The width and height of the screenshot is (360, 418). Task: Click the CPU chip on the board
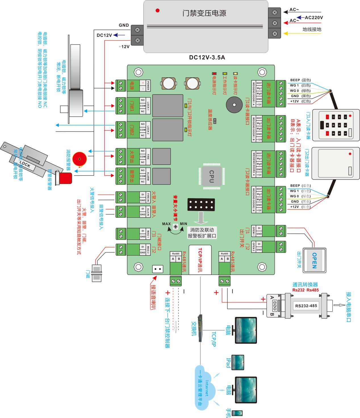click(212, 176)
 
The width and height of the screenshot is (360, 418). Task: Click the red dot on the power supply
click(158, 11)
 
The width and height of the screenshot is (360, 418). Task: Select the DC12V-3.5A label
click(207, 58)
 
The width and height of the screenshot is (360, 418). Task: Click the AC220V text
click(314, 18)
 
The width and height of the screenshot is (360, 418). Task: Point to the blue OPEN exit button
click(314, 260)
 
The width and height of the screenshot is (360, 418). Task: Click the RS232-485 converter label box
click(306, 306)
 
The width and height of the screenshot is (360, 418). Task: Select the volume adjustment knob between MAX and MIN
click(175, 226)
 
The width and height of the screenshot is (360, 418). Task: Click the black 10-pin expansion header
click(201, 204)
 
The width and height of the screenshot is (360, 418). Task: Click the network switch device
click(200, 328)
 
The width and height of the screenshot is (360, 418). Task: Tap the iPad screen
click(238, 362)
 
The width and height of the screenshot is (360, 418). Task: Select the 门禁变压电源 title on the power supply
click(204, 13)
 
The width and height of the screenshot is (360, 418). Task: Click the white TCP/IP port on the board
click(200, 260)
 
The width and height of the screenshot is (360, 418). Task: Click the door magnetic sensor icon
click(97, 273)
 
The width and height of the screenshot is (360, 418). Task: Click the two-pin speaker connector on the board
click(158, 269)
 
